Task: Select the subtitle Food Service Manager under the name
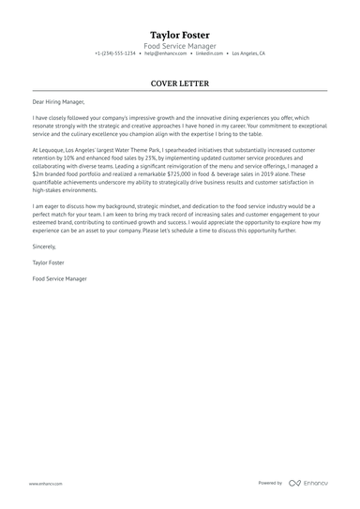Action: (x=180, y=45)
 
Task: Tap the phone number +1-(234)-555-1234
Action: (x=114, y=54)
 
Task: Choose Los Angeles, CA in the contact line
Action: (x=248, y=54)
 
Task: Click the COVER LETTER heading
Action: (x=180, y=82)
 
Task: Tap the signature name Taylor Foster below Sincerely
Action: (x=49, y=264)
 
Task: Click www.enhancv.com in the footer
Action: (x=45, y=483)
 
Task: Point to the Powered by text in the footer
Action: (x=270, y=483)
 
